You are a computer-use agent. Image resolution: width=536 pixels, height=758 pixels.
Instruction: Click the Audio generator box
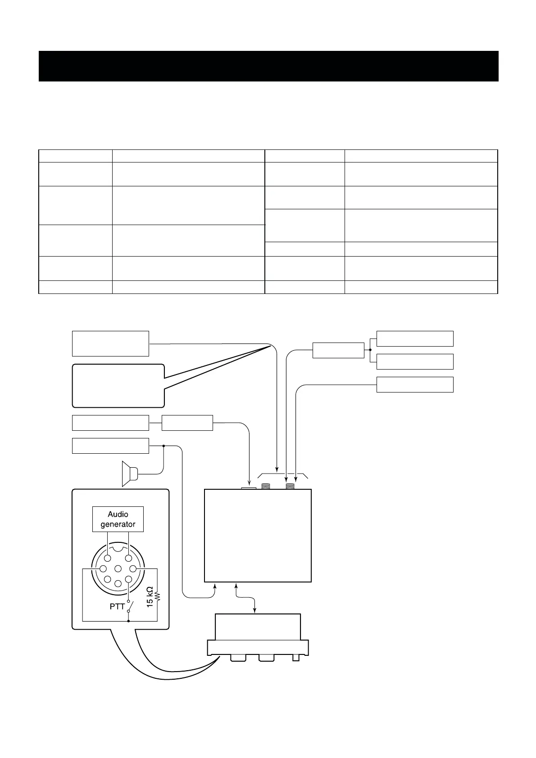(118, 519)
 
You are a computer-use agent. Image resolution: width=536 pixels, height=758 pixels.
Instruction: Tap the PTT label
(117, 606)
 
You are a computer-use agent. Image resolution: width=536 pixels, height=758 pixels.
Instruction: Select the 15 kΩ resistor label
(150, 597)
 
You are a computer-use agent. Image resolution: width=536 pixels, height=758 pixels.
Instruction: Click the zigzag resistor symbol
(158, 597)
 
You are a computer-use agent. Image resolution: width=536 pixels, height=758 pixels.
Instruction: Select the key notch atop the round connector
(118, 548)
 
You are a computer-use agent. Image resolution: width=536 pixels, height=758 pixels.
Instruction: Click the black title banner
(268, 66)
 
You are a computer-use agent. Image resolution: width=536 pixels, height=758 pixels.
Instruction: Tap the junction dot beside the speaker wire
(164, 446)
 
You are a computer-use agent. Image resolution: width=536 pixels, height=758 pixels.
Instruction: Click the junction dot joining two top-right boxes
(370, 350)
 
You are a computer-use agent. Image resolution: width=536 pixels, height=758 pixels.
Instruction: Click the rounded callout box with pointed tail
(118, 386)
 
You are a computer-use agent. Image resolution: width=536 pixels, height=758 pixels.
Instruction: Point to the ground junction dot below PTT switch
(129, 621)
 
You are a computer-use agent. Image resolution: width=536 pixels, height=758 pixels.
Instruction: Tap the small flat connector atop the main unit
(249, 487)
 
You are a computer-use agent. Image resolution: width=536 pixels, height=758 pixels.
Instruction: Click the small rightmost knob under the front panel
(296, 658)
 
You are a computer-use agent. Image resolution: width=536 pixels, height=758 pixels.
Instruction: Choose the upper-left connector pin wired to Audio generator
(108, 559)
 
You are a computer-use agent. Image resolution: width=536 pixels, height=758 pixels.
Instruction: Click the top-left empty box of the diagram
(110, 343)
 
